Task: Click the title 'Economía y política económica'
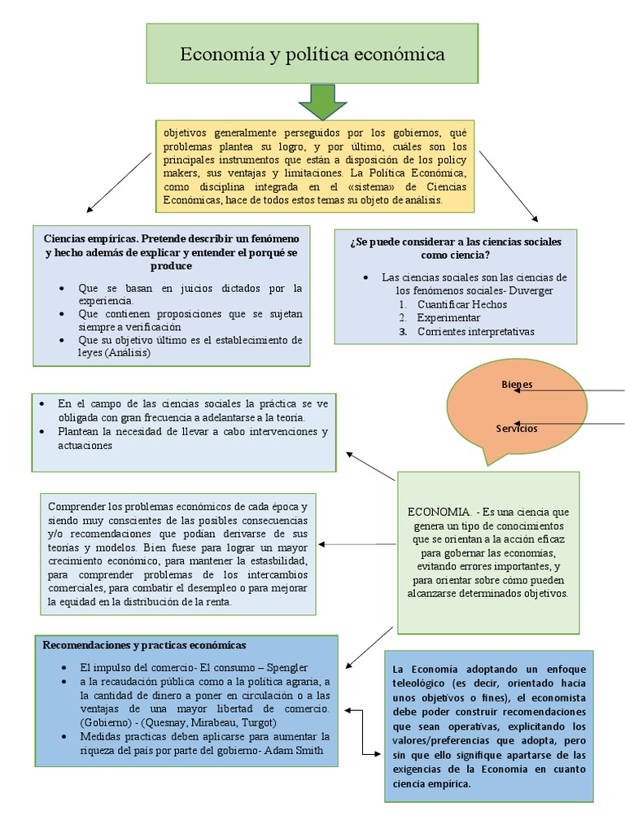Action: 312,55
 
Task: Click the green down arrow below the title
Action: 323,101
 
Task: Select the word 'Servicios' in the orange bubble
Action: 517,429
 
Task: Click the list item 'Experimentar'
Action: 448,317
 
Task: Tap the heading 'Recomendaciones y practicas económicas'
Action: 143,645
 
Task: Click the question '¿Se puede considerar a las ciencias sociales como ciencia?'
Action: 455,248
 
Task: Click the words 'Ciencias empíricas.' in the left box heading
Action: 91,238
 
